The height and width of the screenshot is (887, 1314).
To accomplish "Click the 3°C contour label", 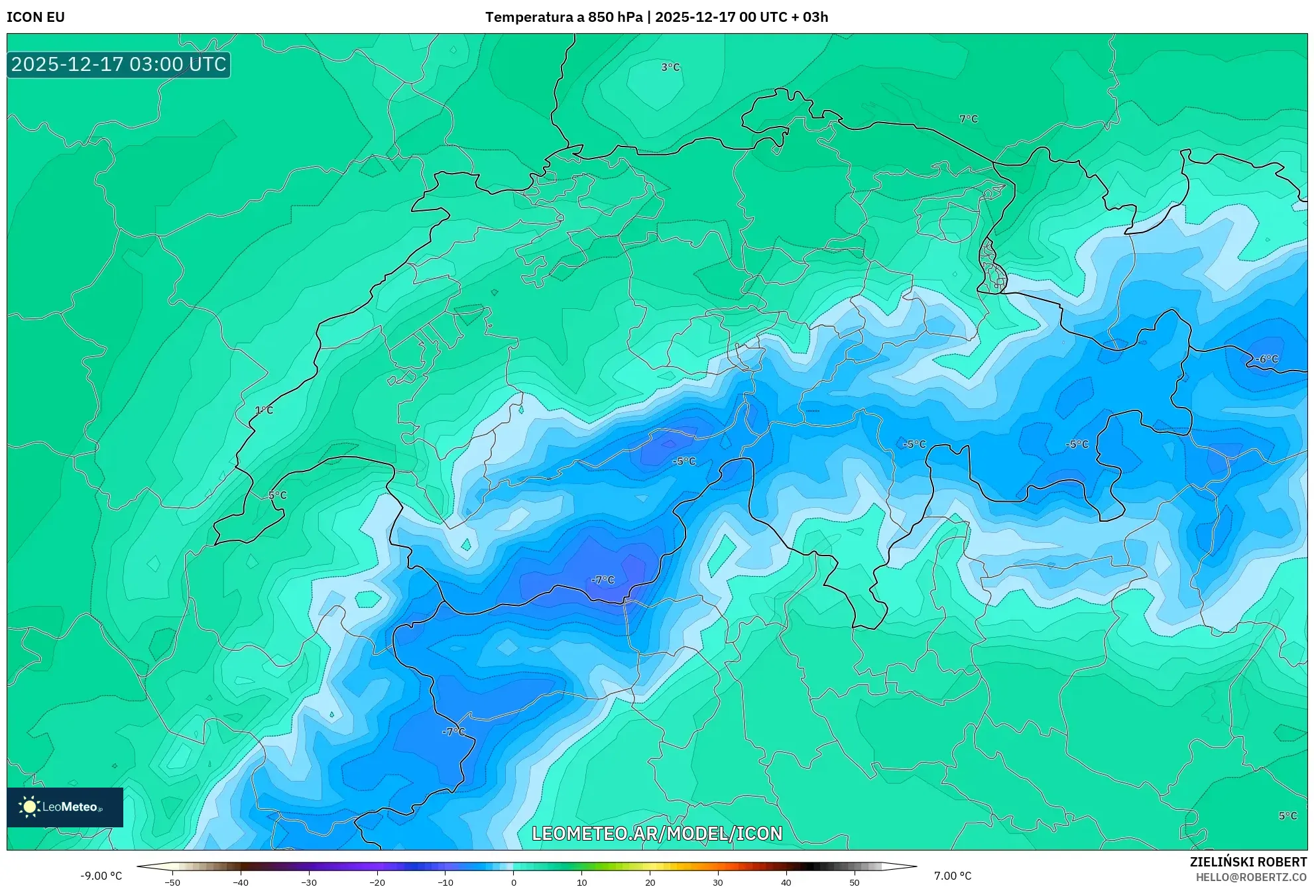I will point(670,67).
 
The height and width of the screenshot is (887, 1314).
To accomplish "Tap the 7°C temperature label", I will point(969,119).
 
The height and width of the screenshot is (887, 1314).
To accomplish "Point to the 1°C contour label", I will point(264,410).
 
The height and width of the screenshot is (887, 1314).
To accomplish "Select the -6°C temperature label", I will point(1266,359).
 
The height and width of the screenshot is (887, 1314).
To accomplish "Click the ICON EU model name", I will point(36,17).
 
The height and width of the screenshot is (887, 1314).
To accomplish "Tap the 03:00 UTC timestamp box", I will point(119,64).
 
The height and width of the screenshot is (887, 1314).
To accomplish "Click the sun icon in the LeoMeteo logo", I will point(29,806).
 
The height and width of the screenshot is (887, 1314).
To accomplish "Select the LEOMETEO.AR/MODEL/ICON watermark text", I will point(657,833).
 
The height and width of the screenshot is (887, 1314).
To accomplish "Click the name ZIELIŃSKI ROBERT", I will point(1248,862).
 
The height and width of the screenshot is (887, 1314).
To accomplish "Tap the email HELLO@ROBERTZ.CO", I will point(1251,877).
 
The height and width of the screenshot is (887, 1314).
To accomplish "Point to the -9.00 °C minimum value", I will point(101,876).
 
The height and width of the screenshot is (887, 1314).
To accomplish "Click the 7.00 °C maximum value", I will point(953,876).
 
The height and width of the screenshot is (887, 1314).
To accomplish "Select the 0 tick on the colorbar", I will point(513,882).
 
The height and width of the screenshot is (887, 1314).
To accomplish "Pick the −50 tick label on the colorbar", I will point(172,882).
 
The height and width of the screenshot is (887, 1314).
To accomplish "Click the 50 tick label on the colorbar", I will point(854,882).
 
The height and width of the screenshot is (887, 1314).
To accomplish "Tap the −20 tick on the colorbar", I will point(377,882).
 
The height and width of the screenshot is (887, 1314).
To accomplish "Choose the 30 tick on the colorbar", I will point(717,882).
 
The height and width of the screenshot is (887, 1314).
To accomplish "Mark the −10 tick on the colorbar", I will point(445,882).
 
